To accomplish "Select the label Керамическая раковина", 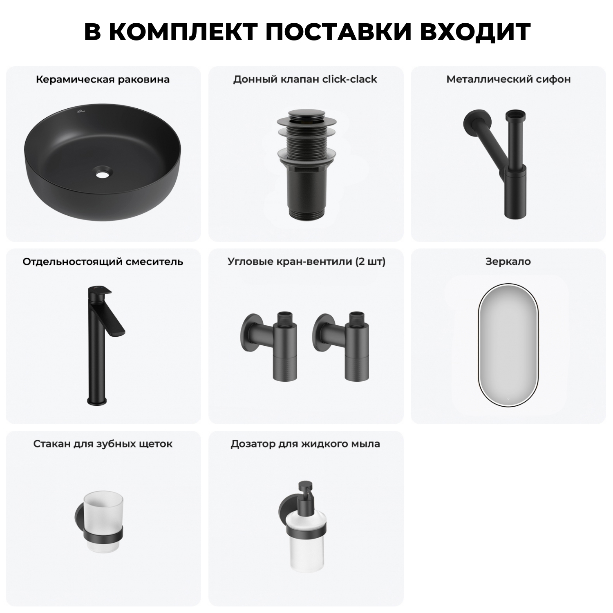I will coord(103,79).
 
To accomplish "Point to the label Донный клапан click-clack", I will coord(305,79).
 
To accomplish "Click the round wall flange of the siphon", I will coord(469,121).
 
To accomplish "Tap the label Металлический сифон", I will coord(508,79).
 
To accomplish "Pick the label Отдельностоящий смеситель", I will coord(103,262).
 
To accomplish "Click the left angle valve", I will coord(270,343).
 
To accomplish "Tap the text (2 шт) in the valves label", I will coord(371,262).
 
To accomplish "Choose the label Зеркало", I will coord(508,262).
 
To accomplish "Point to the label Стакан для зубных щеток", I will coord(103,444).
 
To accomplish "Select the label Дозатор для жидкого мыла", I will coord(305,444).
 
